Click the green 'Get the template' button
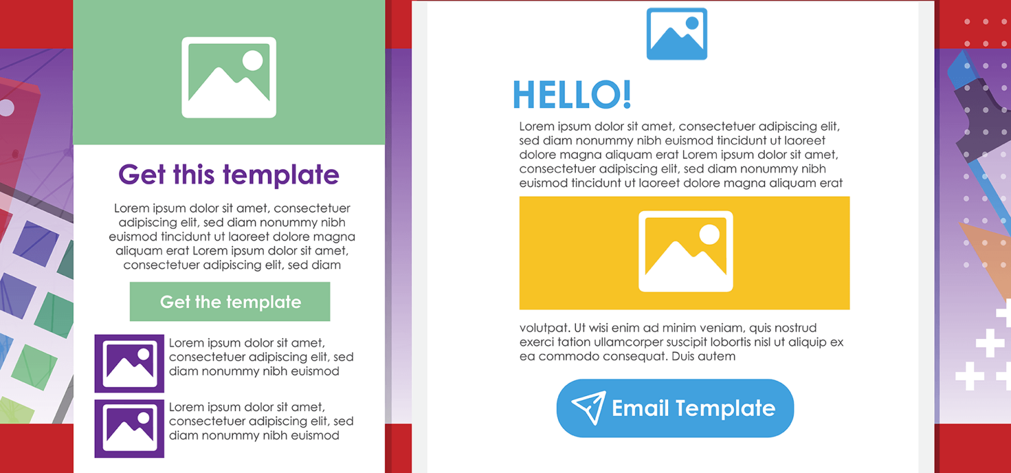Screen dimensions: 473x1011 click(230, 302)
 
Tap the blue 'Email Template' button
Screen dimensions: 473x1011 click(675, 408)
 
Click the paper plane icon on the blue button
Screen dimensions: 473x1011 click(588, 408)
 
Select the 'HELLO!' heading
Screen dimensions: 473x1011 click(571, 95)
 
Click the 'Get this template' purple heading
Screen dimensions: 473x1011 click(228, 175)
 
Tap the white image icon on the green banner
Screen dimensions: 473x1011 click(228, 78)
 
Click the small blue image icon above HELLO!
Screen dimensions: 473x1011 click(677, 34)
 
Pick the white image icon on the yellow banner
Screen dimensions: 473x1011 click(685, 251)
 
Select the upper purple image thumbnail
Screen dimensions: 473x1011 click(129, 363)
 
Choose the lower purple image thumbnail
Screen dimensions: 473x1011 click(129, 428)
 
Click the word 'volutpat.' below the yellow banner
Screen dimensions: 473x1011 click(544, 328)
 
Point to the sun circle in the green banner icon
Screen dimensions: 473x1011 click(252, 61)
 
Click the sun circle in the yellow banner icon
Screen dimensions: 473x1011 click(709, 234)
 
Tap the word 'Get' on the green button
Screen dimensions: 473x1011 click(175, 302)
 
